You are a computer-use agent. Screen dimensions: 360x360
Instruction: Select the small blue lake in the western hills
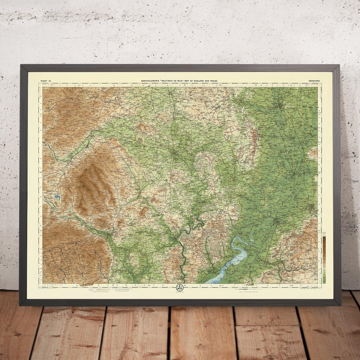[57, 197]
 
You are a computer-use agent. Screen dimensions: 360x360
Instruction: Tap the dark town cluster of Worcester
[279, 106]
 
